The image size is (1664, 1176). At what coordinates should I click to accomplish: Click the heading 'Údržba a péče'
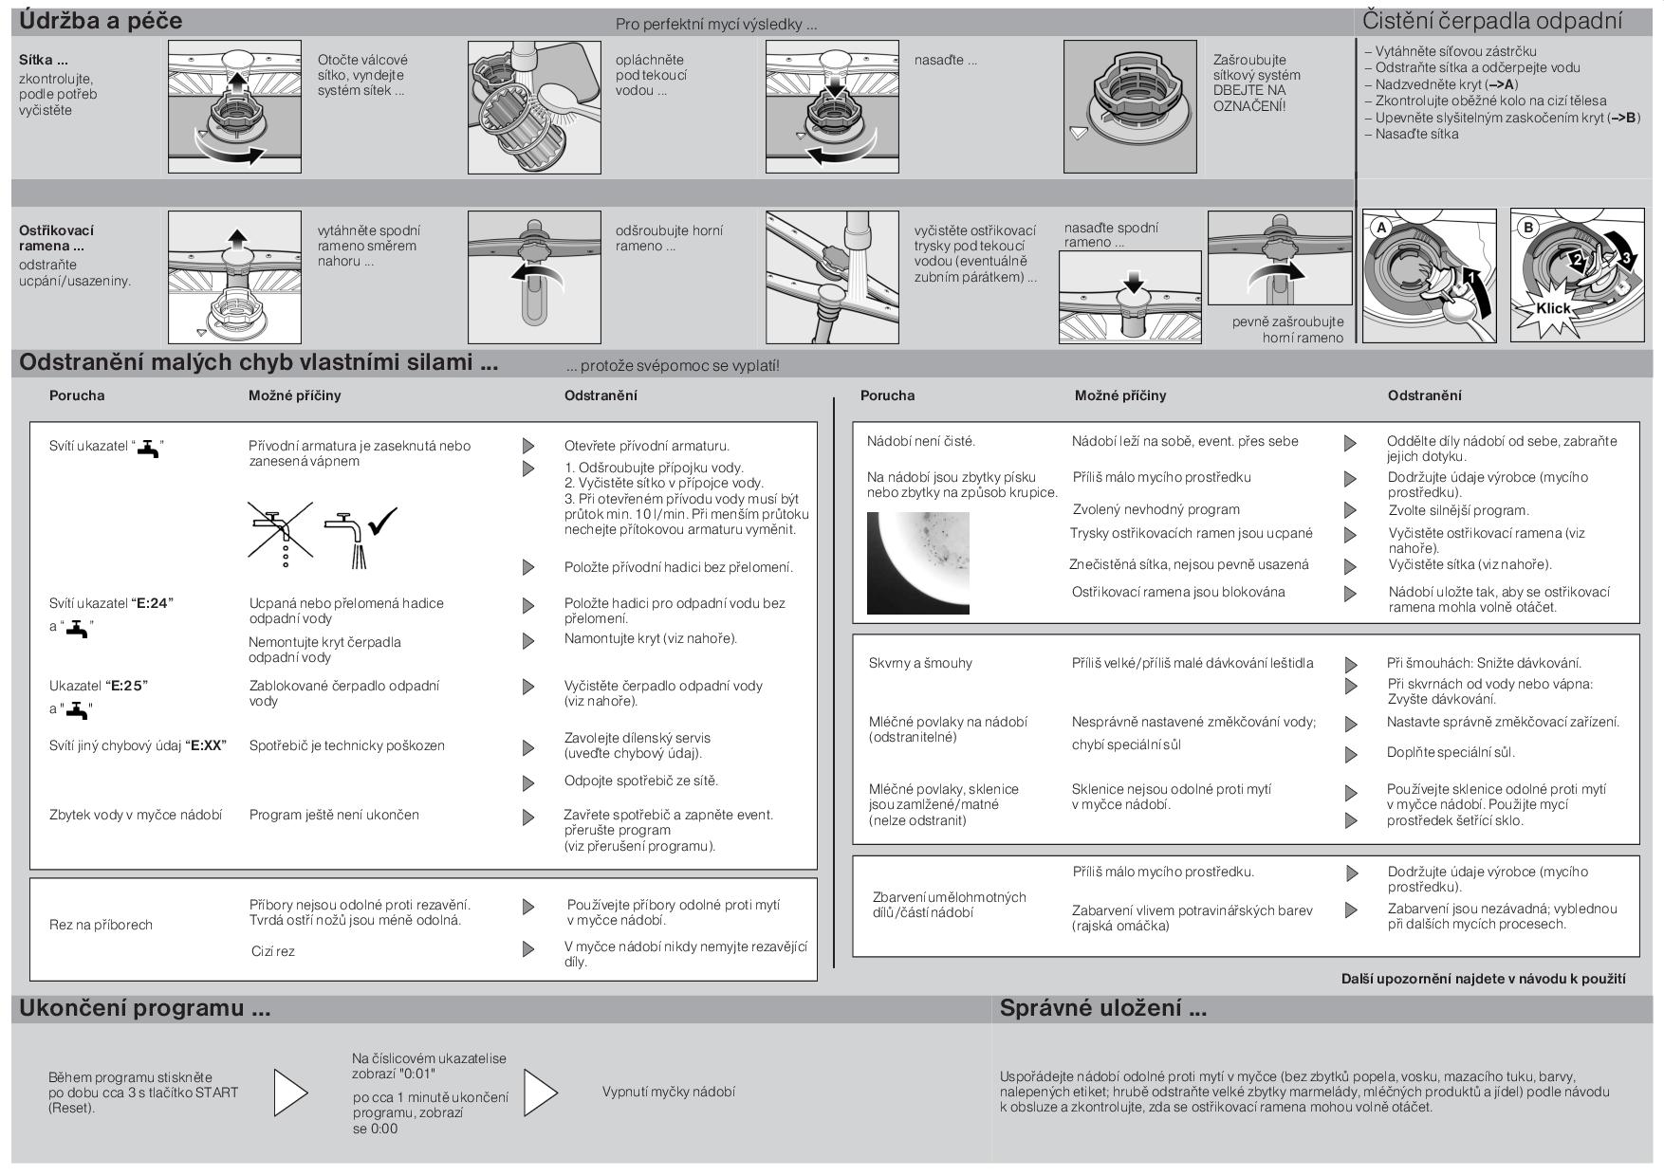101,21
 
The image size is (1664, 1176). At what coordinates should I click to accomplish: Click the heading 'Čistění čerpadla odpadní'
1491,21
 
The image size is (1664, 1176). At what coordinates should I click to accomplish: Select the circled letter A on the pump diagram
1381,228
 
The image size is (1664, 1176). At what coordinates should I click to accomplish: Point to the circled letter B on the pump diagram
1527,228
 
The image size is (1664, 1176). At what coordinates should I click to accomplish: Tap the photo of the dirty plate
917,562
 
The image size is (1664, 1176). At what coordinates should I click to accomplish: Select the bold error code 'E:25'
127,686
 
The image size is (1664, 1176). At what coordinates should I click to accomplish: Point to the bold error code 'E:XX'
206,745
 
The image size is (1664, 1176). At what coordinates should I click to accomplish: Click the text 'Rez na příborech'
101,925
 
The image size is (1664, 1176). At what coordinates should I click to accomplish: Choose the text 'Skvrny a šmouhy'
920,663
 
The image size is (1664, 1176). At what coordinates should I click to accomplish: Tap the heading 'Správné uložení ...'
1102,1008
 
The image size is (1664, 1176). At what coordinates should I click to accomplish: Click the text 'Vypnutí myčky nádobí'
668,1092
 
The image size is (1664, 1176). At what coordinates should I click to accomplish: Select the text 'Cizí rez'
272,951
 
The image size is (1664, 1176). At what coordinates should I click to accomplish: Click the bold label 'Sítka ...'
43,60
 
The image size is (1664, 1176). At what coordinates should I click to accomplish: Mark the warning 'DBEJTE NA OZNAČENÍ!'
1249,98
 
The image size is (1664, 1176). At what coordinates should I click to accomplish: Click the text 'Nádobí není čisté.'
920,441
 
